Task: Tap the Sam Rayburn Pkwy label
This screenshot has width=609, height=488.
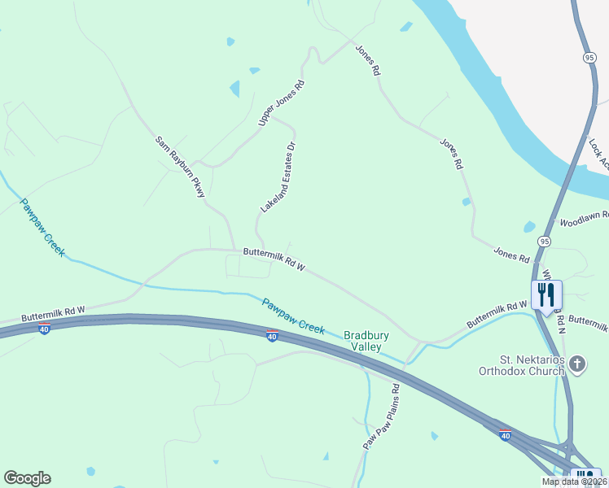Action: (x=180, y=167)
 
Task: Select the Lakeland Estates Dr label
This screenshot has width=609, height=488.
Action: (x=277, y=177)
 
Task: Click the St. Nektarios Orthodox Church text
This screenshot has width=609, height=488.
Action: (x=521, y=365)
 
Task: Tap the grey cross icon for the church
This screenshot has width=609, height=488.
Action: (x=577, y=364)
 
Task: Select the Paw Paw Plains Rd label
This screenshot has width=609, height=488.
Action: (x=380, y=417)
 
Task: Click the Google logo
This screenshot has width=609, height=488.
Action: (x=27, y=478)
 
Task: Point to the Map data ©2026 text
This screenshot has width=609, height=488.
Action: (x=574, y=481)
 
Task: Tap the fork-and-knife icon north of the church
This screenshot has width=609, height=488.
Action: (x=546, y=294)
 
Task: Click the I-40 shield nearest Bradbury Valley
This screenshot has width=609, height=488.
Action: (x=273, y=336)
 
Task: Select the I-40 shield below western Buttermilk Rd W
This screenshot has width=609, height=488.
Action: (x=44, y=328)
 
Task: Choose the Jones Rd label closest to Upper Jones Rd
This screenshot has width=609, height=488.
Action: (x=367, y=60)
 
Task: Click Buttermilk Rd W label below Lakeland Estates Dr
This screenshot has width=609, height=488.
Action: (x=273, y=260)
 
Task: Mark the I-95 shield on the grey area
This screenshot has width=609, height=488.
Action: (x=588, y=56)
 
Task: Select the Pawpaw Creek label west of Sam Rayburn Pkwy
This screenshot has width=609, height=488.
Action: (x=42, y=228)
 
